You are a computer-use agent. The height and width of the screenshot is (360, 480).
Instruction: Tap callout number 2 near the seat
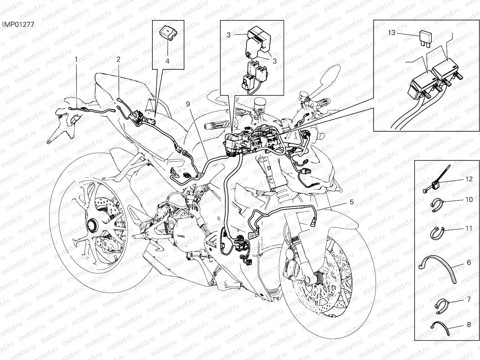click(118, 59)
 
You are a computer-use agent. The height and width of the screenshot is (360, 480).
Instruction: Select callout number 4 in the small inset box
click(167, 61)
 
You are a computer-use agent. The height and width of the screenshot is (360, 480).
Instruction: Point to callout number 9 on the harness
click(188, 104)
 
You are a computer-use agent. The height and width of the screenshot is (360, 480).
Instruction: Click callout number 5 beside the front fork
click(352, 202)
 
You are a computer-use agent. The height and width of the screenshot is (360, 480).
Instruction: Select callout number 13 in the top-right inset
click(392, 33)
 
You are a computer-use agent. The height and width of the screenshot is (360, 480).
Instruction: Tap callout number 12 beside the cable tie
click(469, 179)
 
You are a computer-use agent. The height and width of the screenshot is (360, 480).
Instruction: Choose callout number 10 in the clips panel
click(469, 199)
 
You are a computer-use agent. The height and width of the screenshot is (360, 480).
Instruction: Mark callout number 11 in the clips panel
click(469, 228)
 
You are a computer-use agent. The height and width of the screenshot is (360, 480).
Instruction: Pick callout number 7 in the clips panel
click(469, 299)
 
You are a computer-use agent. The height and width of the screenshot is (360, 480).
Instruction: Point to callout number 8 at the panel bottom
click(469, 324)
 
